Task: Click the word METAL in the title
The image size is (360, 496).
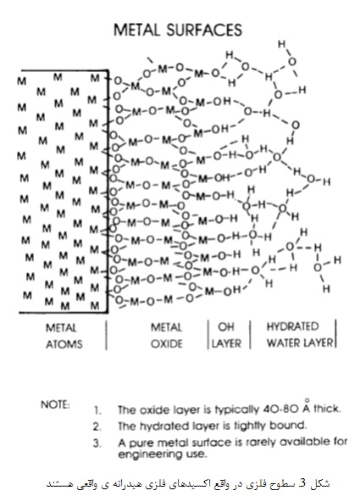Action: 136,30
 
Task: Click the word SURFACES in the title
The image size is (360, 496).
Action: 204,30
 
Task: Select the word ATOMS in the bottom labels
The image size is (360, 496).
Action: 64,344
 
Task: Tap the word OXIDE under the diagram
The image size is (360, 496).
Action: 167,343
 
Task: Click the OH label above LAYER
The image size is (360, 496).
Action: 225,326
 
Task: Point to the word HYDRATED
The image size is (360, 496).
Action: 292,326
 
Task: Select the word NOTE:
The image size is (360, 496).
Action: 55,404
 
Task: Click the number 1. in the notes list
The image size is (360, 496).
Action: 97,410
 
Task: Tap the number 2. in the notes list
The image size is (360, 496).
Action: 97,426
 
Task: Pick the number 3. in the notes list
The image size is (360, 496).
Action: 97,443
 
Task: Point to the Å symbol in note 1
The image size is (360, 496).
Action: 307,407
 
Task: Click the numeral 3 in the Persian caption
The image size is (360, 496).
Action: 303,483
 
